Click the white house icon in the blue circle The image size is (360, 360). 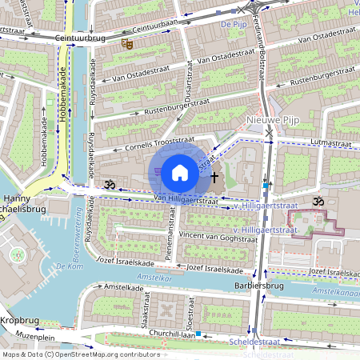point(180,172)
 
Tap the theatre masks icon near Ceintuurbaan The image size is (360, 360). point(126,45)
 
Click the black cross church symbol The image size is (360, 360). point(214,175)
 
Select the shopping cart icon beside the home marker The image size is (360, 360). point(158,171)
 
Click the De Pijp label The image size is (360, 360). point(232,25)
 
